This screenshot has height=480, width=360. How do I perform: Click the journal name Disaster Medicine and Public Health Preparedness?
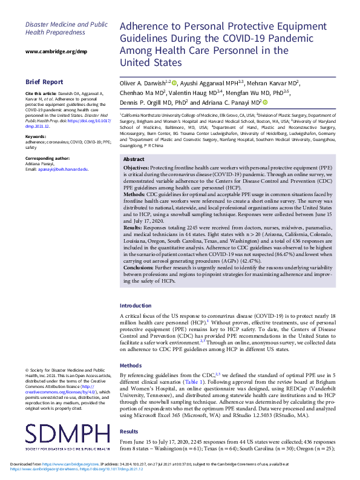66,28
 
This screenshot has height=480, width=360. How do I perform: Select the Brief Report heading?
44,81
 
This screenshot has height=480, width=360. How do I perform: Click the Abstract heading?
134,159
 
